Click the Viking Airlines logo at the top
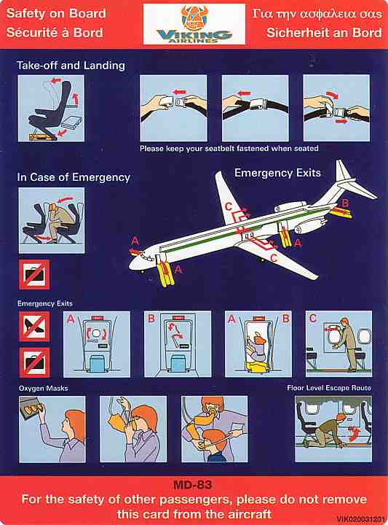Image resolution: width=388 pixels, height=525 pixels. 194,24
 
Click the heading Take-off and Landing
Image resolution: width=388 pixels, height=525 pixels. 71,66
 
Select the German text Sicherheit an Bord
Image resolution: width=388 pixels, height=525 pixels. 324,33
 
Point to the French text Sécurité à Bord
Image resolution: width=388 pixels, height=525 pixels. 55,33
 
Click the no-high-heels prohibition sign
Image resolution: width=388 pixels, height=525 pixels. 34,327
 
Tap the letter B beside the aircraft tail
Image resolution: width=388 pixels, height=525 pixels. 345,203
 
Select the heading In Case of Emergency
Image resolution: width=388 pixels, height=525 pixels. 74,177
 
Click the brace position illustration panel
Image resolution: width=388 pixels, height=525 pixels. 52,220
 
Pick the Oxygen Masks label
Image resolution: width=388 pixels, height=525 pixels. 44,389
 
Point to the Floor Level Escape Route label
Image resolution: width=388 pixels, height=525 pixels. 329,388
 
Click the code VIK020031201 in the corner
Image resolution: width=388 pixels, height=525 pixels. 361,519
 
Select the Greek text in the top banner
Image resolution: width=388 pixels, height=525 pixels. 317,14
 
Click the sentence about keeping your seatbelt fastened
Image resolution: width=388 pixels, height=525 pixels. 229,148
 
